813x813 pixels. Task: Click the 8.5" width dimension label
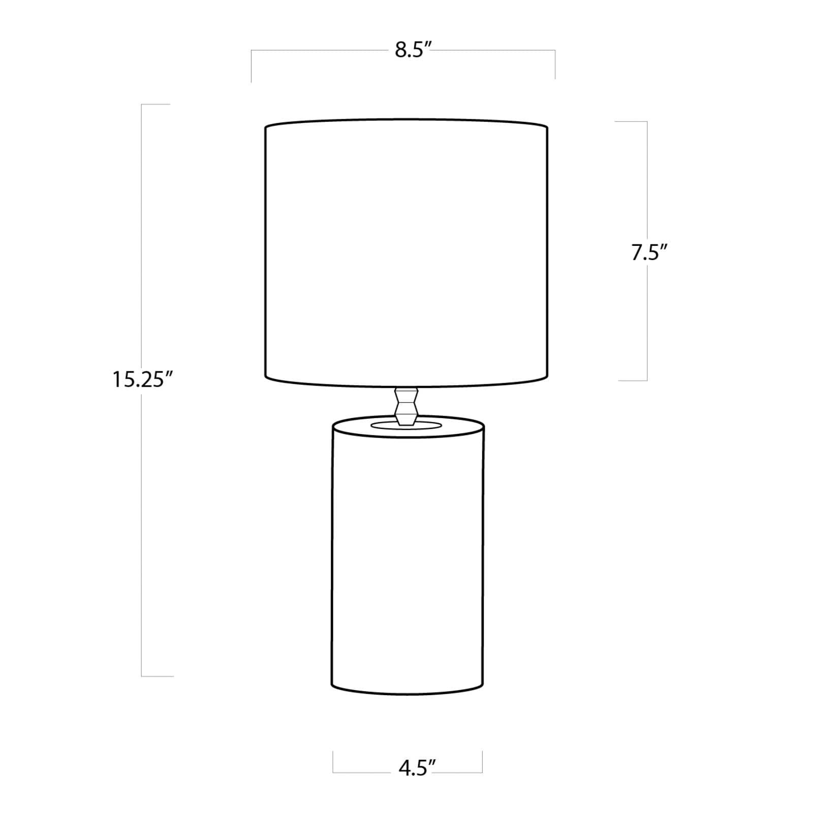click(x=413, y=51)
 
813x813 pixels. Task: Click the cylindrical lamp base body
click(x=408, y=559)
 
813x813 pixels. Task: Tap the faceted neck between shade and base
click(x=407, y=407)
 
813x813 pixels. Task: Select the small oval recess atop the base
click(x=407, y=425)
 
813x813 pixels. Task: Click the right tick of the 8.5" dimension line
click(x=555, y=65)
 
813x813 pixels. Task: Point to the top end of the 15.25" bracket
click(x=155, y=105)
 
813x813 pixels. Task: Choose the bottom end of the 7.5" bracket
click(x=633, y=380)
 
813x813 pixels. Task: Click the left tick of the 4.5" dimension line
click(x=333, y=761)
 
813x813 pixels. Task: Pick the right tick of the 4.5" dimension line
click(x=482, y=761)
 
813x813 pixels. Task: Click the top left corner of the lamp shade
click(x=266, y=127)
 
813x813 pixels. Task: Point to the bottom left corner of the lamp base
click(x=332, y=687)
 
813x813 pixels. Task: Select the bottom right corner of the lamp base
click(x=483, y=687)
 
